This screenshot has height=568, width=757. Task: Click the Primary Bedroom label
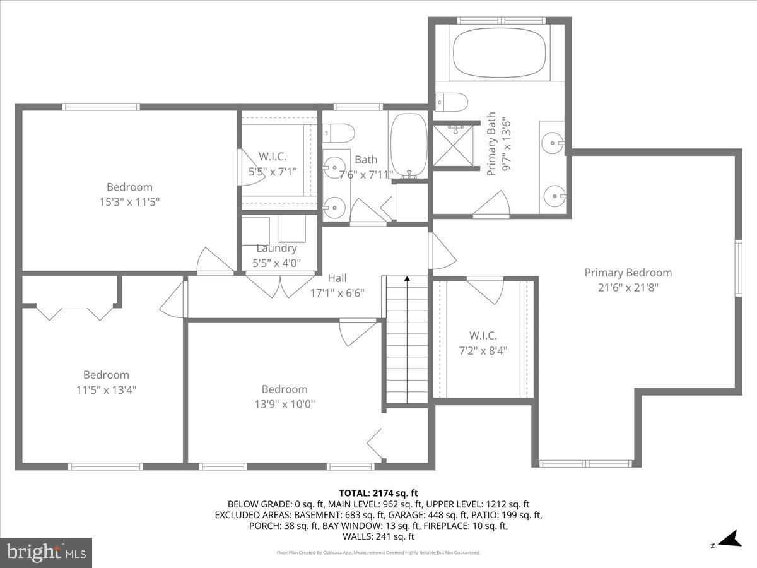click(628, 273)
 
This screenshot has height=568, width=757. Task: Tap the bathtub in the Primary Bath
click(498, 53)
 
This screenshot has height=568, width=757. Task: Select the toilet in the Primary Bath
click(452, 102)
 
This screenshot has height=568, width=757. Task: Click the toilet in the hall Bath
click(339, 133)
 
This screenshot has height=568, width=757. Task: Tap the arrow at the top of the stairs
click(407, 278)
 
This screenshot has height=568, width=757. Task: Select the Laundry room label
click(276, 248)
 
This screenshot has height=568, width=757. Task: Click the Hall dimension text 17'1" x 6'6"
click(337, 293)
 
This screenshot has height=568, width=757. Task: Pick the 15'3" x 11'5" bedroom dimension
click(129, 202)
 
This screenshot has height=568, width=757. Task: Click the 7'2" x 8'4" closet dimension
click(483, 350)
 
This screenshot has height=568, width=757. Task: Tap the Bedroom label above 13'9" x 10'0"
click(285, 389)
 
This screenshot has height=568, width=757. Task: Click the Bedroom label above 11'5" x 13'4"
click(106, 375)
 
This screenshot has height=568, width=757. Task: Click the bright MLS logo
click(46, 552)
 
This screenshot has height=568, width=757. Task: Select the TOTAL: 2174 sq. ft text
click(378, 493)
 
